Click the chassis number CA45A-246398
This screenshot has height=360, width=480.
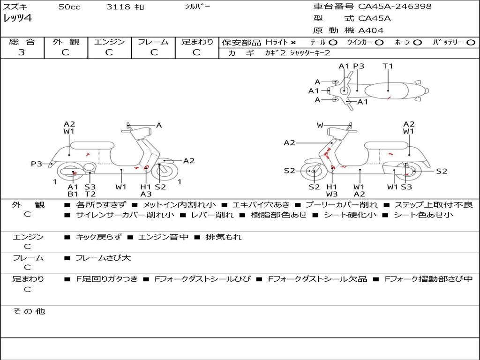tap(395, 7)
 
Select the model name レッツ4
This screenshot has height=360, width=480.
tap(17, 18)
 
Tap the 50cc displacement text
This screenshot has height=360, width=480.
tap(69, 7)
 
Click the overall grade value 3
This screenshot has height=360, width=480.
tap(22, 52)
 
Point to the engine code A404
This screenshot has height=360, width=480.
tap(371, 30)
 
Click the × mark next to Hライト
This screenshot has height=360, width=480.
tap(293, 43)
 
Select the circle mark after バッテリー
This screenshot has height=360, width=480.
tap(471, 43)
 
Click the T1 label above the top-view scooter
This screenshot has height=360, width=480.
tap(388, 66)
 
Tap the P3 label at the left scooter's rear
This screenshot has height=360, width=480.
tap(37, 164)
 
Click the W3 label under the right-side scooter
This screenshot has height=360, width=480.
tap(332, 194)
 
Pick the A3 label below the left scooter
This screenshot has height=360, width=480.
tap(146, 194)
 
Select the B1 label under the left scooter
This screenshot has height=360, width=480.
tap(73, 194)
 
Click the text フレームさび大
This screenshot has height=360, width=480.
tap(104, 258)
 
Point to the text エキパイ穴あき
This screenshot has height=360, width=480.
tap(261, 205)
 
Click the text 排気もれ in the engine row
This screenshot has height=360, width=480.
tap(224, 237)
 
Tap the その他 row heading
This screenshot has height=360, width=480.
tap(29, 311)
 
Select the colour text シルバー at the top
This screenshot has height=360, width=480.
tap(197, 7)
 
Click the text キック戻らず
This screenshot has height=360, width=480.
tap(98, 237)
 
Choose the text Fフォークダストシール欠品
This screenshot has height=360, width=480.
tap(317, 279)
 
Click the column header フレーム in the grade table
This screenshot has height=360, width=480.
tap(153, 42)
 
